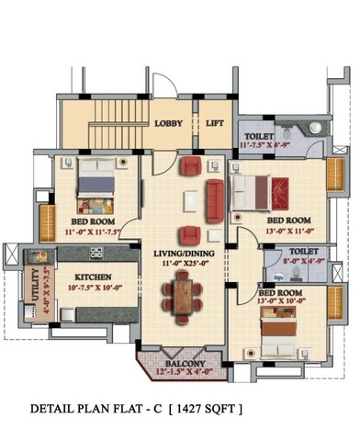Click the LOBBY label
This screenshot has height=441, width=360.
[x=168, y=123]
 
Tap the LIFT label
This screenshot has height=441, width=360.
[x=214, y=123]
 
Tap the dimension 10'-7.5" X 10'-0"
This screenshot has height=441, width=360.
[x=92, y=288]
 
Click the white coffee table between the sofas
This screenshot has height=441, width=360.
[x=190, y=198]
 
